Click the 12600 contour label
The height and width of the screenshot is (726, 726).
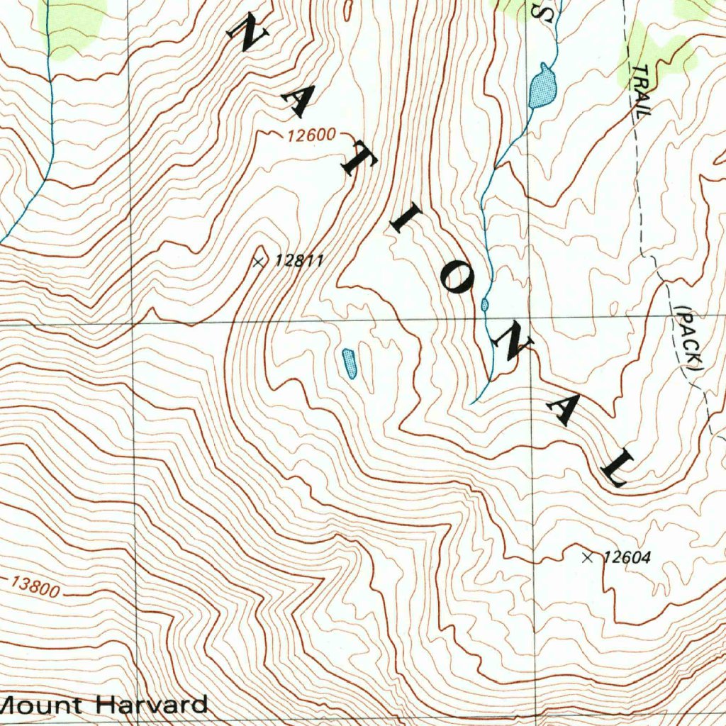311,135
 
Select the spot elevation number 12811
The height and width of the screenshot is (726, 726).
299,261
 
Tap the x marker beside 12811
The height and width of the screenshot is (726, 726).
259,262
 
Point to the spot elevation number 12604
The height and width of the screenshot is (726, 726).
627,558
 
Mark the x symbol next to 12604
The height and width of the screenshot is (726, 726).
587,558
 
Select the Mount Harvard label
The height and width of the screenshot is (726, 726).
105,705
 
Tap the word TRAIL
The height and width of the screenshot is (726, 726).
641,91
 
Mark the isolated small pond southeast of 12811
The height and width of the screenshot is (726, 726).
349,363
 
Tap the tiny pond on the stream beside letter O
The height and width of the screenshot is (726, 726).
485,305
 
